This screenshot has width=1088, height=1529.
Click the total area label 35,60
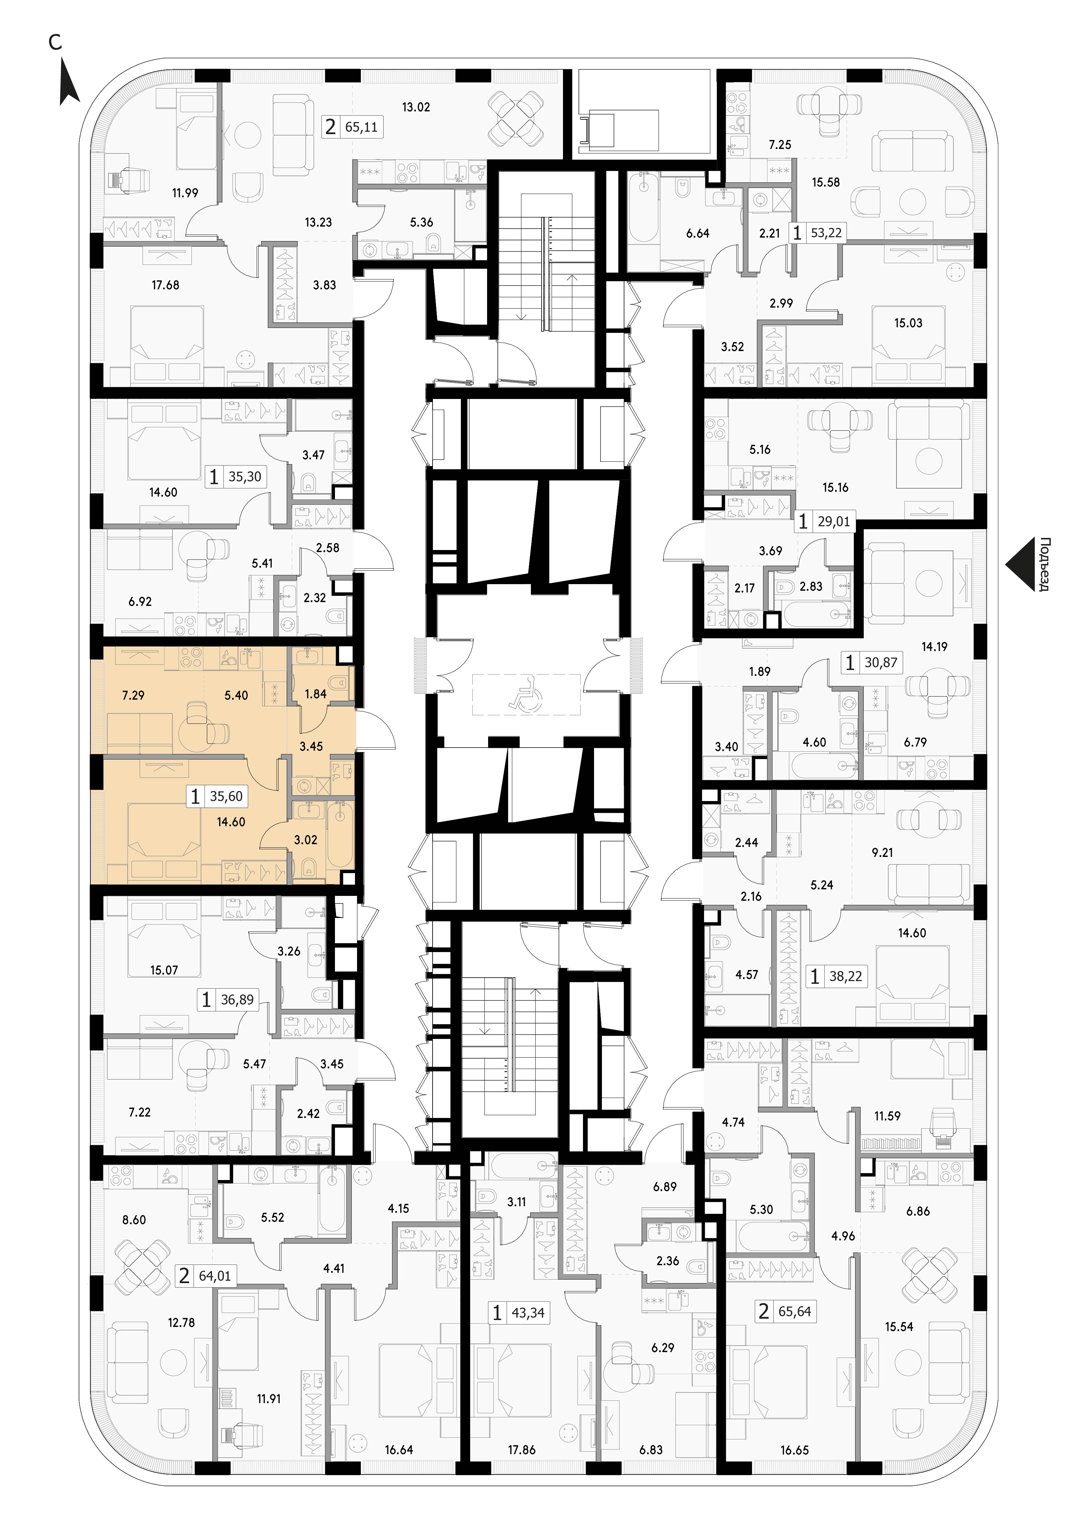pos(226,796)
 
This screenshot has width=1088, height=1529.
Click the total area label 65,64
pos(794,1311)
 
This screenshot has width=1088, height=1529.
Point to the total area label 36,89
pos(237,1000)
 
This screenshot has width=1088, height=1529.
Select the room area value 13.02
pos(416,107)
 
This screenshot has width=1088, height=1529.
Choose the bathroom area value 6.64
pos(698,234)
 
